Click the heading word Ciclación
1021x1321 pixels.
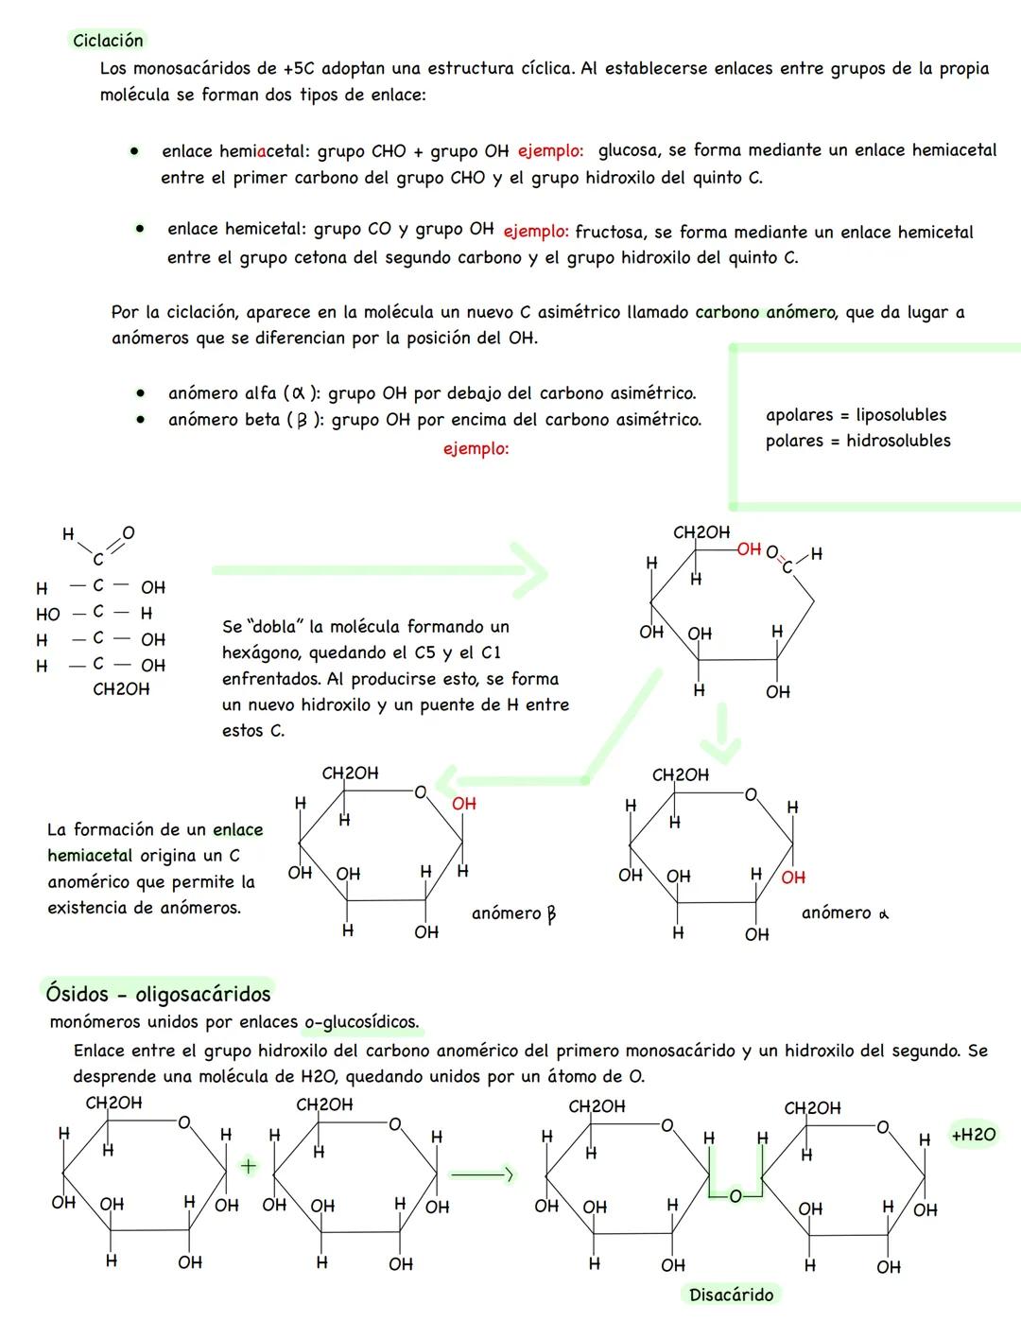pyautogui.click(x=108, y=41)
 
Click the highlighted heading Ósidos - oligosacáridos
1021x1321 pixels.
pyautogui.click(x=158, y=994)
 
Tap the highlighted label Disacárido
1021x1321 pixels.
pyautogui.click(x=731, y=1295)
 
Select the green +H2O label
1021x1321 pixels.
pyautogui.click(x=973, y=1135)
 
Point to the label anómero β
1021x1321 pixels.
pyautogui.click(x=513, y=913)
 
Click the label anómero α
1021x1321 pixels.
pyautogui.click(x=844, y=913)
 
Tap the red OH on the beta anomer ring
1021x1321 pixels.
pyautogui.click(x=464, y=804)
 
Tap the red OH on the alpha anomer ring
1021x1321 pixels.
pyautogui.click(x=793, y=878)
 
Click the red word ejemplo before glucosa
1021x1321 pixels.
pyautogui.click(x=550, y=151)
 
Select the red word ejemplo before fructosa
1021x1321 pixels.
pyautogui.click(x=536, y=232)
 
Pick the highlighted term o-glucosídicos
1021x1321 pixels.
pyautogui.click(x=361, y=1023)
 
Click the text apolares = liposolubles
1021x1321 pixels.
pyautogui.click(x=856, y=415)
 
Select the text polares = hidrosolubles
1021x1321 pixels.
pyautogui.click(x=857, y=441)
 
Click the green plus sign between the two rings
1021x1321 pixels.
pyautogui.click(x=248, y=1167)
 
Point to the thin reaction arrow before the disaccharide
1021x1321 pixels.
pyautogui.click(x=482, y=1175)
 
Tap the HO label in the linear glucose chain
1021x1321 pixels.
pyautogui.click(x=47, y=615)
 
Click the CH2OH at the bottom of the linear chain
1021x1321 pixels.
pyautogui.click(x=121, y=690)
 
